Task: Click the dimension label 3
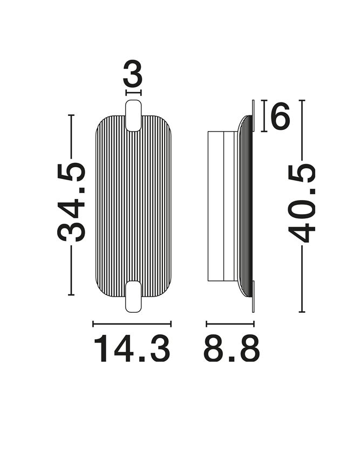point(133,73)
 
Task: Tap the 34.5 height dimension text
point(71,202)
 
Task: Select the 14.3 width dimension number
point(132,348)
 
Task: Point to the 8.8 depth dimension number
point(232,348)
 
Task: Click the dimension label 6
point(280,116)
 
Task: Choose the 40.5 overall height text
point(301,203)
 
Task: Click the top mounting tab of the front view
point(133,115)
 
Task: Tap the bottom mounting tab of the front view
point(133,296)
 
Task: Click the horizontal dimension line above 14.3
point(132,324)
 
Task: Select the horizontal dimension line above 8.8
point(230,324)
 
